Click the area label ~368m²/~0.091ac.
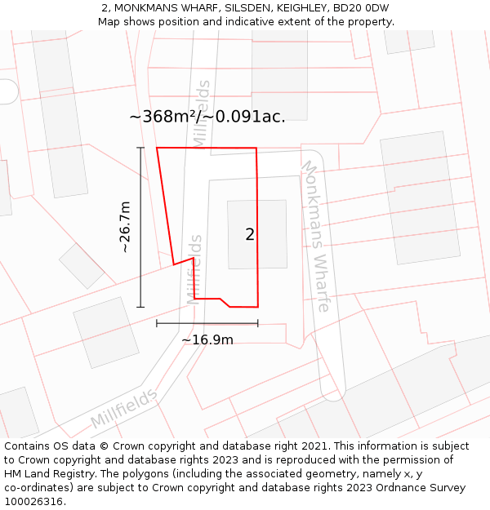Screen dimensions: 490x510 pos(207,117)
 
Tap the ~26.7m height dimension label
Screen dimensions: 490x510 pos(126,228)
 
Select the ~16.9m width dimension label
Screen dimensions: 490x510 pos(207,339)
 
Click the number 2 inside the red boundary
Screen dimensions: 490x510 pos(250,235)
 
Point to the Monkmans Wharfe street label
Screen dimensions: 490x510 pos(316,236)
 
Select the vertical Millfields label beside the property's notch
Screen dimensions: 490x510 pos(194,270)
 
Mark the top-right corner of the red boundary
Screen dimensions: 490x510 pos(256,149)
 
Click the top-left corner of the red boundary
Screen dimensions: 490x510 pos(157,148)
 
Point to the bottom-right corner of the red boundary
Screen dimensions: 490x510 pos(258,307)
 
